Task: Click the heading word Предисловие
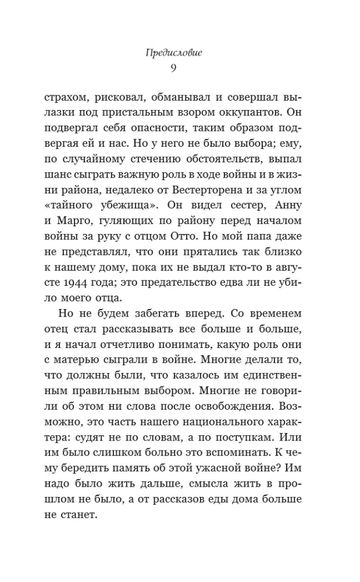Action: pos(179,52)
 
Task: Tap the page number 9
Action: pos(180,68)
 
